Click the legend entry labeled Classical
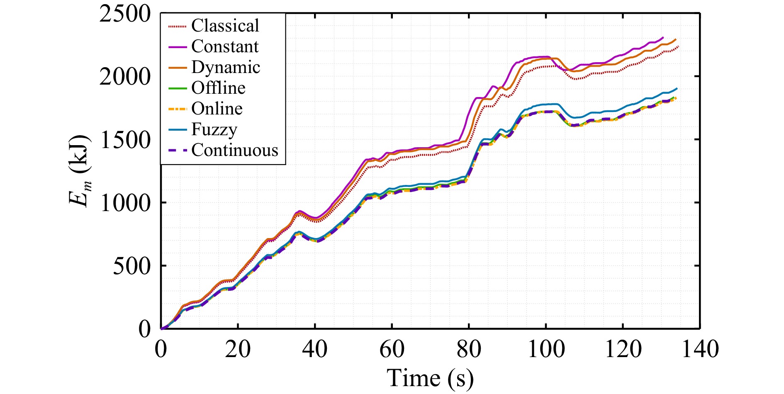coord(225,26)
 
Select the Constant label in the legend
coord(225,46)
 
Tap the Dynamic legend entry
coord(226,67)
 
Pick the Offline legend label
coord(218,88)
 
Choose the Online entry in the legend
coord(217,109)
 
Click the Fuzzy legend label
coord(214,130)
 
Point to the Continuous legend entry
coord(235,150)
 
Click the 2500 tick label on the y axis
coord(125,14)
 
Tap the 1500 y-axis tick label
coord(125,140)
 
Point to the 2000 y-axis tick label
coord(125,77)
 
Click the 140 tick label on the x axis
coord(700,349)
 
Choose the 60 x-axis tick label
coord(392,349)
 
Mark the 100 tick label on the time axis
coord(546,349)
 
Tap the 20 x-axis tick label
coord(238,349)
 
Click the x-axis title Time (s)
coord(430,378)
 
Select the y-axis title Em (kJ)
coord(80,170)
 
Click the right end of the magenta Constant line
coord(663,37)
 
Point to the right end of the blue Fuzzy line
coord(677,88)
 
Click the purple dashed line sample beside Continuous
coord(178,151)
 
